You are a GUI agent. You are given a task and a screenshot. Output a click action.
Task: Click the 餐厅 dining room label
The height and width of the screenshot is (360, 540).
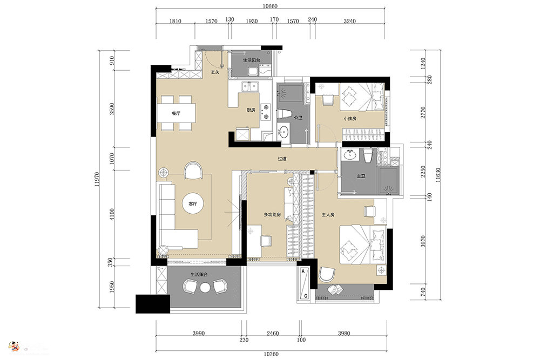(175, 113)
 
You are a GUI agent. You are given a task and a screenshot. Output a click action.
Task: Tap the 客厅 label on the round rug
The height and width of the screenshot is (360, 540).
(193, 204)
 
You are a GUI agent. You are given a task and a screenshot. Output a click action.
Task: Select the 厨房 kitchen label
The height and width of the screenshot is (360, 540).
(251, 110)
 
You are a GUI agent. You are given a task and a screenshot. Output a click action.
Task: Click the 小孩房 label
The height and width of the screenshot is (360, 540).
(349, 119)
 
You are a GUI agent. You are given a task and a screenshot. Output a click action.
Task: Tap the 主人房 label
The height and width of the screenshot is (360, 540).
(328, 215)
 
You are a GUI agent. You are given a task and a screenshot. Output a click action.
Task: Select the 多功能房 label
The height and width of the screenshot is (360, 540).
(273, 215)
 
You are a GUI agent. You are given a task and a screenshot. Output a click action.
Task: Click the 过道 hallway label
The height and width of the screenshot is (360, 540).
(282, 159)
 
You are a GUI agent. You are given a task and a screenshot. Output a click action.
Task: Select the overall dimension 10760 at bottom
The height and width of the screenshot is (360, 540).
(272, 354)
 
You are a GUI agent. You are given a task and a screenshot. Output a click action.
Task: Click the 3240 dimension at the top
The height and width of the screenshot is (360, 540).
(350, 21)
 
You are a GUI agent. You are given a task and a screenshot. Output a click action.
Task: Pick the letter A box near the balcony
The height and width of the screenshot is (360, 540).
(305, 270)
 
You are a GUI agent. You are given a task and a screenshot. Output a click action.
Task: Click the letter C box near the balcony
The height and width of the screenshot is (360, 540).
(305, 296)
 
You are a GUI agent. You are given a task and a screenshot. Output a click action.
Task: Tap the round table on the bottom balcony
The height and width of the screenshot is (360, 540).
(205, 288)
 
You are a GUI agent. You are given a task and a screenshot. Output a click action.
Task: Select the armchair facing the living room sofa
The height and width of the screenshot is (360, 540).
(193, 171)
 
